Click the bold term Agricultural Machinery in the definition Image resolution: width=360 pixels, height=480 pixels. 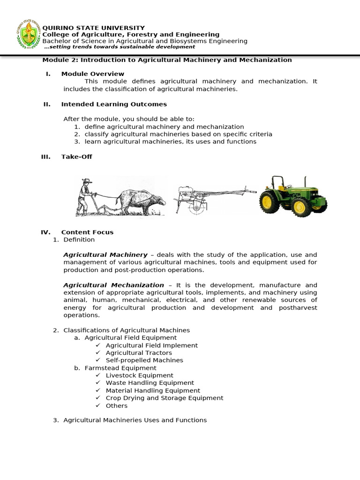(x=105, y=255)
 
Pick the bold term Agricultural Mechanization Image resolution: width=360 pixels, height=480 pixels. (x=113, y=285)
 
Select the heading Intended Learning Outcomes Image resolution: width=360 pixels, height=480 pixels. (x=114, y=104)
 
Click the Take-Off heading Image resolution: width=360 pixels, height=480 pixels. (x=76, y=157)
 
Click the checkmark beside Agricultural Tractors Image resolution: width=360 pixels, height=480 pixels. (x=98, y=352)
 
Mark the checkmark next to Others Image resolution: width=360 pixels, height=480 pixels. (x=98, y=405)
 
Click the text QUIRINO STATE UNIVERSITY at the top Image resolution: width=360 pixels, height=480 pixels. (x=94, y=28)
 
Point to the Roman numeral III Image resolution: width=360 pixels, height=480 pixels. (x=45, y=157)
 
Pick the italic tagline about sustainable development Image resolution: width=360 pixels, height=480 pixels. (x=120, y=47)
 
